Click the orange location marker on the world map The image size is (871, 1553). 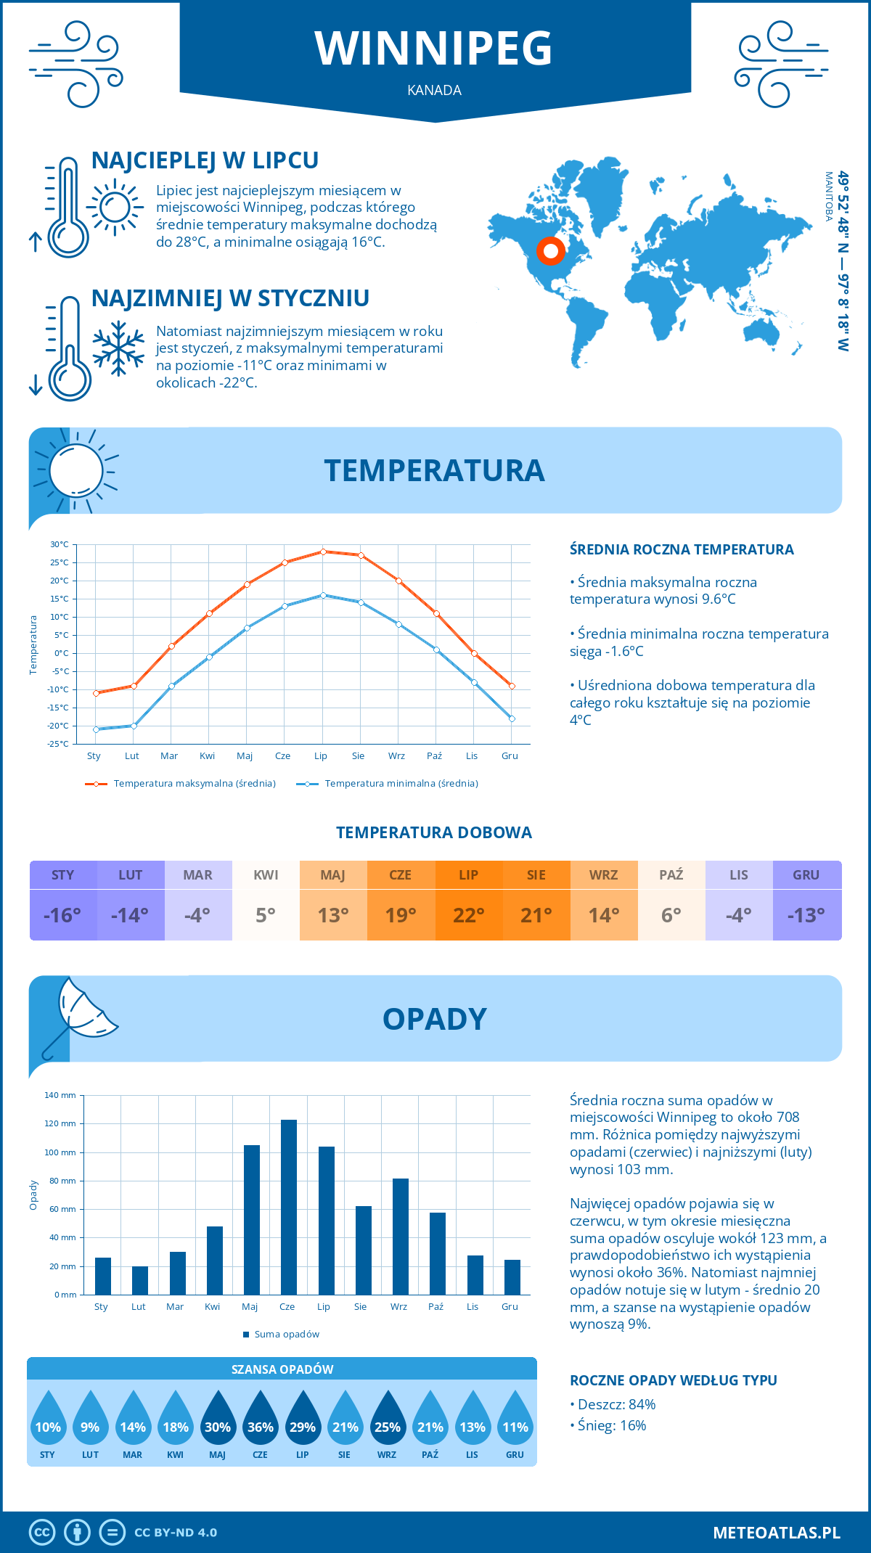point(551,251)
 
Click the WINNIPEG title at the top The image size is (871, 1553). point(434,49)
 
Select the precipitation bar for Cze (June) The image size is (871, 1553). point(289,1207)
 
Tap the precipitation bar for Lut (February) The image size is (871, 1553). point(140,1280)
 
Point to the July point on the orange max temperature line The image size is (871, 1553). point(323,552)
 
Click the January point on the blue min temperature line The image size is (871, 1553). point(96,729)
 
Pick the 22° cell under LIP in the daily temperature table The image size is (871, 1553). point(469,915)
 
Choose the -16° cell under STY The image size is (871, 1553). point(63,915)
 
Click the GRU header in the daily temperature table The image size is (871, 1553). point(806,875)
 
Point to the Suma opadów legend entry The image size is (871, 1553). point(287,1335)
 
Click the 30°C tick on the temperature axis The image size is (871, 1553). point(60,544)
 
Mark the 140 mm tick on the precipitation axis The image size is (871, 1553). point(60,1095)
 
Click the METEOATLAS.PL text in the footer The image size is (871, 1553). point(777,1533)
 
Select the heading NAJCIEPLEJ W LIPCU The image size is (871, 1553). point(205,160)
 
